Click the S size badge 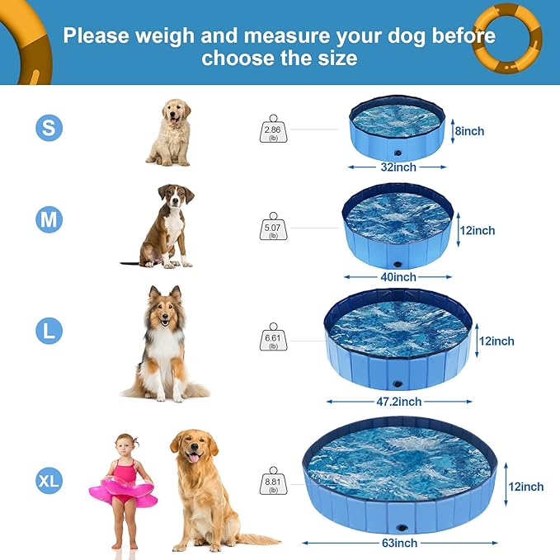(48, 128)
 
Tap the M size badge (48, 219)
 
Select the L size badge (48, 332)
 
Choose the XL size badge (48, 479)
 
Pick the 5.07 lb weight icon (272, 228)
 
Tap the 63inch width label (399, 543)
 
